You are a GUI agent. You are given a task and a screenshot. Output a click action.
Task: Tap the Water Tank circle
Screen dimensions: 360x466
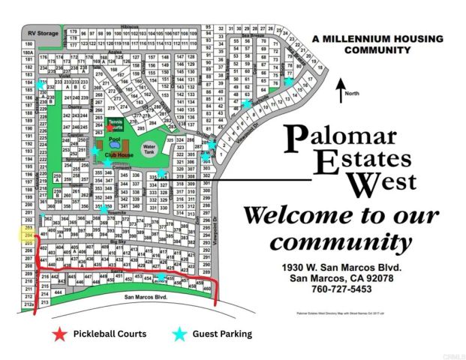(149, 148)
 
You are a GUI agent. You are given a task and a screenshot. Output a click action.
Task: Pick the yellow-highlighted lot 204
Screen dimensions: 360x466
(29, 235)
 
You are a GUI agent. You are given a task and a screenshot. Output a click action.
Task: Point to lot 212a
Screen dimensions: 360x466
(29, 304)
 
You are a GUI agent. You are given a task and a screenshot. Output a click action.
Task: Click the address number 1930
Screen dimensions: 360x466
(293, 267)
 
